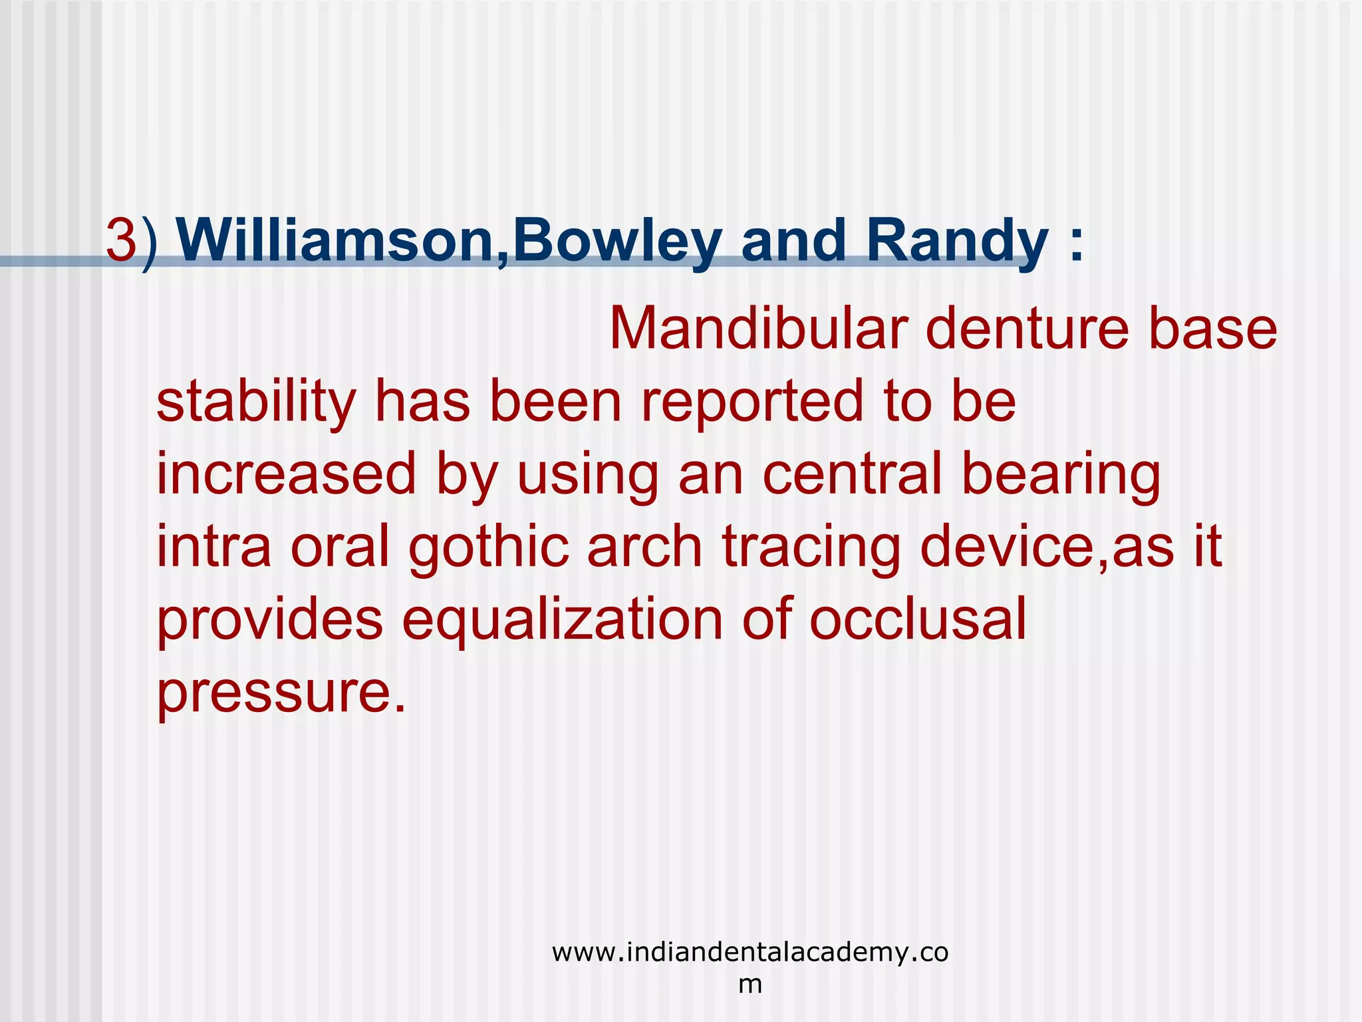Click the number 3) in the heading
[x=132, y=241]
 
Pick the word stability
[x=256, y=402]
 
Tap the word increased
[x=286, y=474]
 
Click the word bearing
[x=1061, y=474]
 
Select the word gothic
[x=489, y=547]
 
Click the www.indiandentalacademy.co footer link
[x=750, y=953]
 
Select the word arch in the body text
[x=644, y=547]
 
